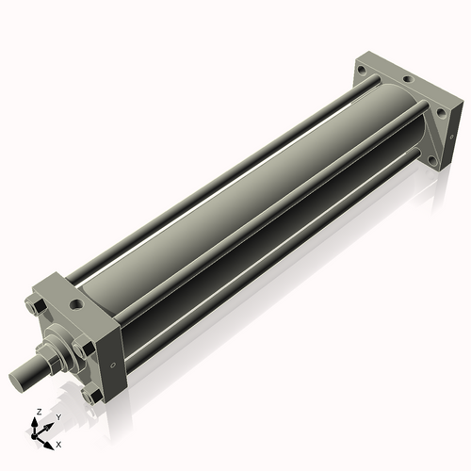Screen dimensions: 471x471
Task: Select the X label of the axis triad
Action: point(58,443)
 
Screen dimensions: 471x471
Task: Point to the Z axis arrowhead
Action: point(36,421)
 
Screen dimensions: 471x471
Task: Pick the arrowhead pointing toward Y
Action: point(49,423)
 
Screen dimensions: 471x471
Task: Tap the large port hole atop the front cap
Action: point(73,305)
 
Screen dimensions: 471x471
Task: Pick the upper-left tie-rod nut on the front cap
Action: point(33,306)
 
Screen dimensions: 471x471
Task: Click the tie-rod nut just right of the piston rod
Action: point(87,348)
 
